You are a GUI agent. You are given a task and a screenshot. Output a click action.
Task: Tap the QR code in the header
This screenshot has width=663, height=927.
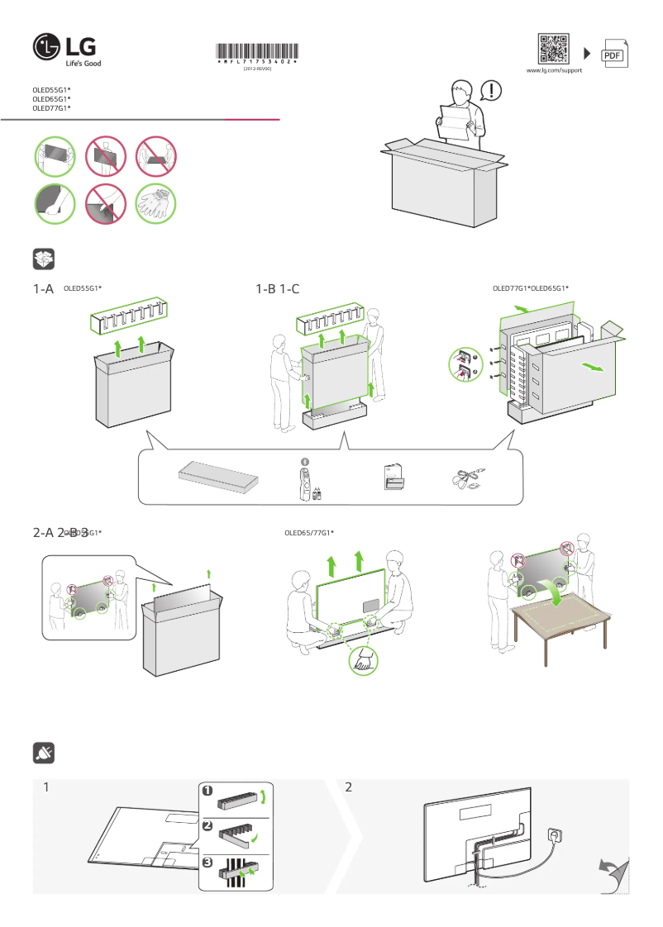pyautogui.click(x=553, y=49)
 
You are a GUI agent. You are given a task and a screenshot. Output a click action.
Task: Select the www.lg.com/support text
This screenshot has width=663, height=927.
pyautogui.click(x=555, y=71)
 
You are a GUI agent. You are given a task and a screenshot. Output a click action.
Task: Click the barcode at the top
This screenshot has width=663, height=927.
pyautogui.click(x=257, y=50)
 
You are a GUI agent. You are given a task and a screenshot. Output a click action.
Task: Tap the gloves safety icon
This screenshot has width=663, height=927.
pyautogui.click(x=156, y=203)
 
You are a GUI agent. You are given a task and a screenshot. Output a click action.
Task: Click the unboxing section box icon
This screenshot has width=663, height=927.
pyautogui.click(x=44, y=259)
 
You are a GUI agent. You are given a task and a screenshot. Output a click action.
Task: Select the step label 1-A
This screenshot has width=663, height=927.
pyautogui.click(x=43, y=289)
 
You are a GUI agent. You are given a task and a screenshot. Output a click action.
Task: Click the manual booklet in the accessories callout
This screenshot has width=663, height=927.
pyautogui.click(x=394, y=478)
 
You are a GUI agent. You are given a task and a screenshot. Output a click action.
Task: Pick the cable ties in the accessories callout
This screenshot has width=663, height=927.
pyautogui.click(x=468, y=478)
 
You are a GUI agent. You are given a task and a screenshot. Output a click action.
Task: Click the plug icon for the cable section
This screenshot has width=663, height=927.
pyautogui.click(x=44, y=753)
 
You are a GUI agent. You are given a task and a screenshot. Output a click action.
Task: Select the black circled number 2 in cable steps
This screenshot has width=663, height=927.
pyautogui.click(x=207, y=825)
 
